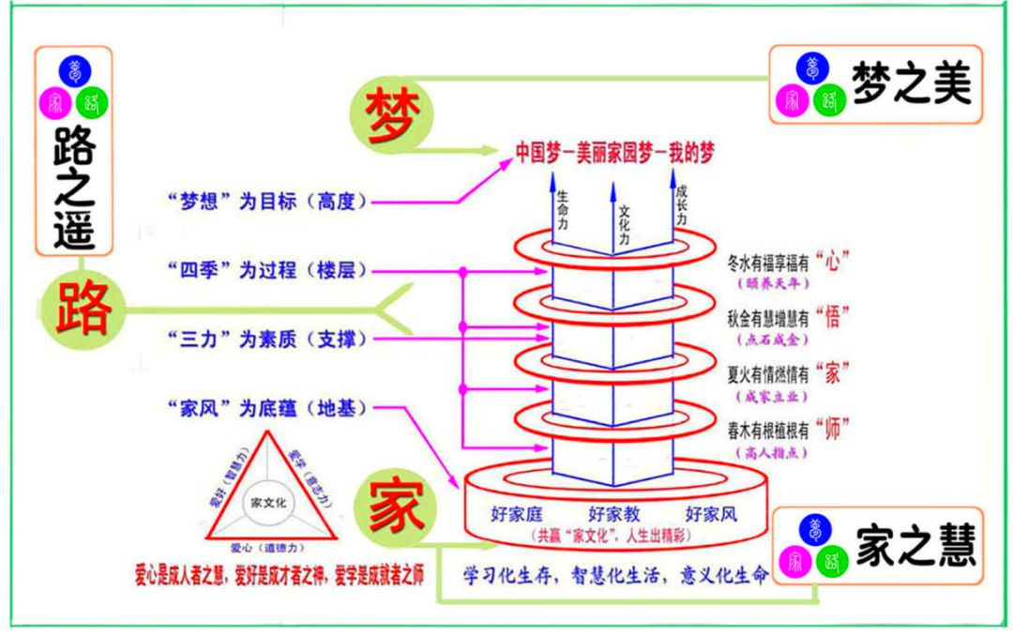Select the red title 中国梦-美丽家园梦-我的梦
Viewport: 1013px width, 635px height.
[614, 153]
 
